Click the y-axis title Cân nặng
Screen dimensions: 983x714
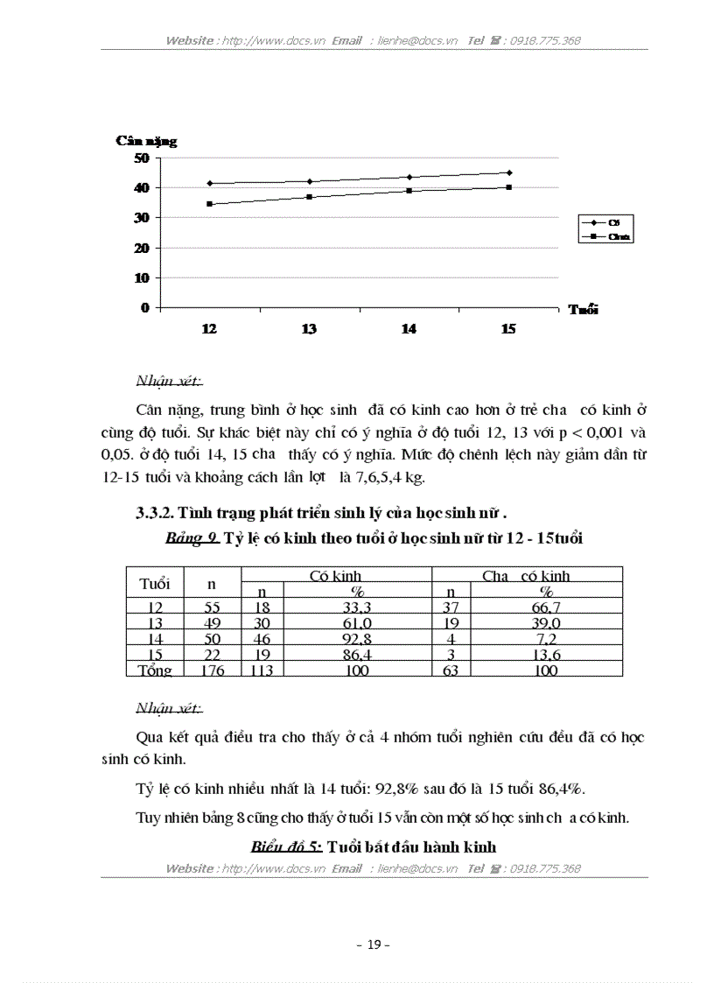point(146,141)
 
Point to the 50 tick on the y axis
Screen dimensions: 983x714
point(141,158)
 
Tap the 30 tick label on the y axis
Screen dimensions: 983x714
point(141,217)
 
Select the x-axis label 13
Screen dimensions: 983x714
point(309,329)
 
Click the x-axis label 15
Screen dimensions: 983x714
point(508,329)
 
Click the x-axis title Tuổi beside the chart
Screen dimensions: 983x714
point(583,309)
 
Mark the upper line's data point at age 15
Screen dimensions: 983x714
point(509,172)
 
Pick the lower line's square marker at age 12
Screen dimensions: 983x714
point(210,204)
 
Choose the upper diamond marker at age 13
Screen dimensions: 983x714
point(310,181)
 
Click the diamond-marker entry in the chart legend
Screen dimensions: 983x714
point(605,223)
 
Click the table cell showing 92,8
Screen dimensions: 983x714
point(338,639)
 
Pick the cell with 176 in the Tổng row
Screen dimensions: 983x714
point(211,671)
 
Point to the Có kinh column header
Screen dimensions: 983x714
point(336,575)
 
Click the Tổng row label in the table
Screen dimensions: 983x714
point(154,671)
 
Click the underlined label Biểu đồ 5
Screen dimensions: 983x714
point(286,846)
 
